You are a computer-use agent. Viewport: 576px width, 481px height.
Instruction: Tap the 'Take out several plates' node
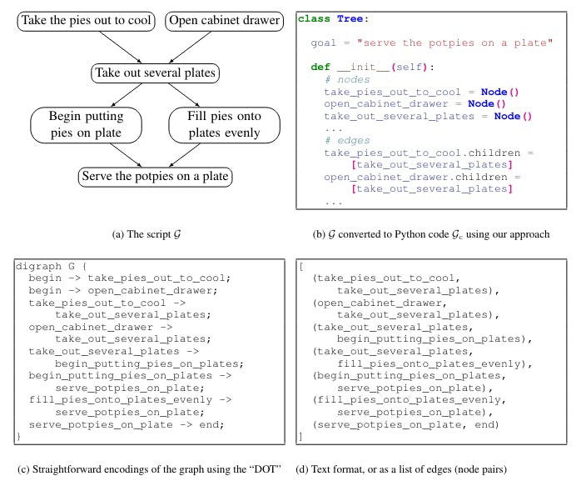[x=156, y=73]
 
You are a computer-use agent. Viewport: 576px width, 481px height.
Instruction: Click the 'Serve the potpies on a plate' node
[x=155, y=177]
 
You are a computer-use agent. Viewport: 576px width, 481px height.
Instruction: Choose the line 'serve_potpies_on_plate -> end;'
[x=125, y=424]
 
